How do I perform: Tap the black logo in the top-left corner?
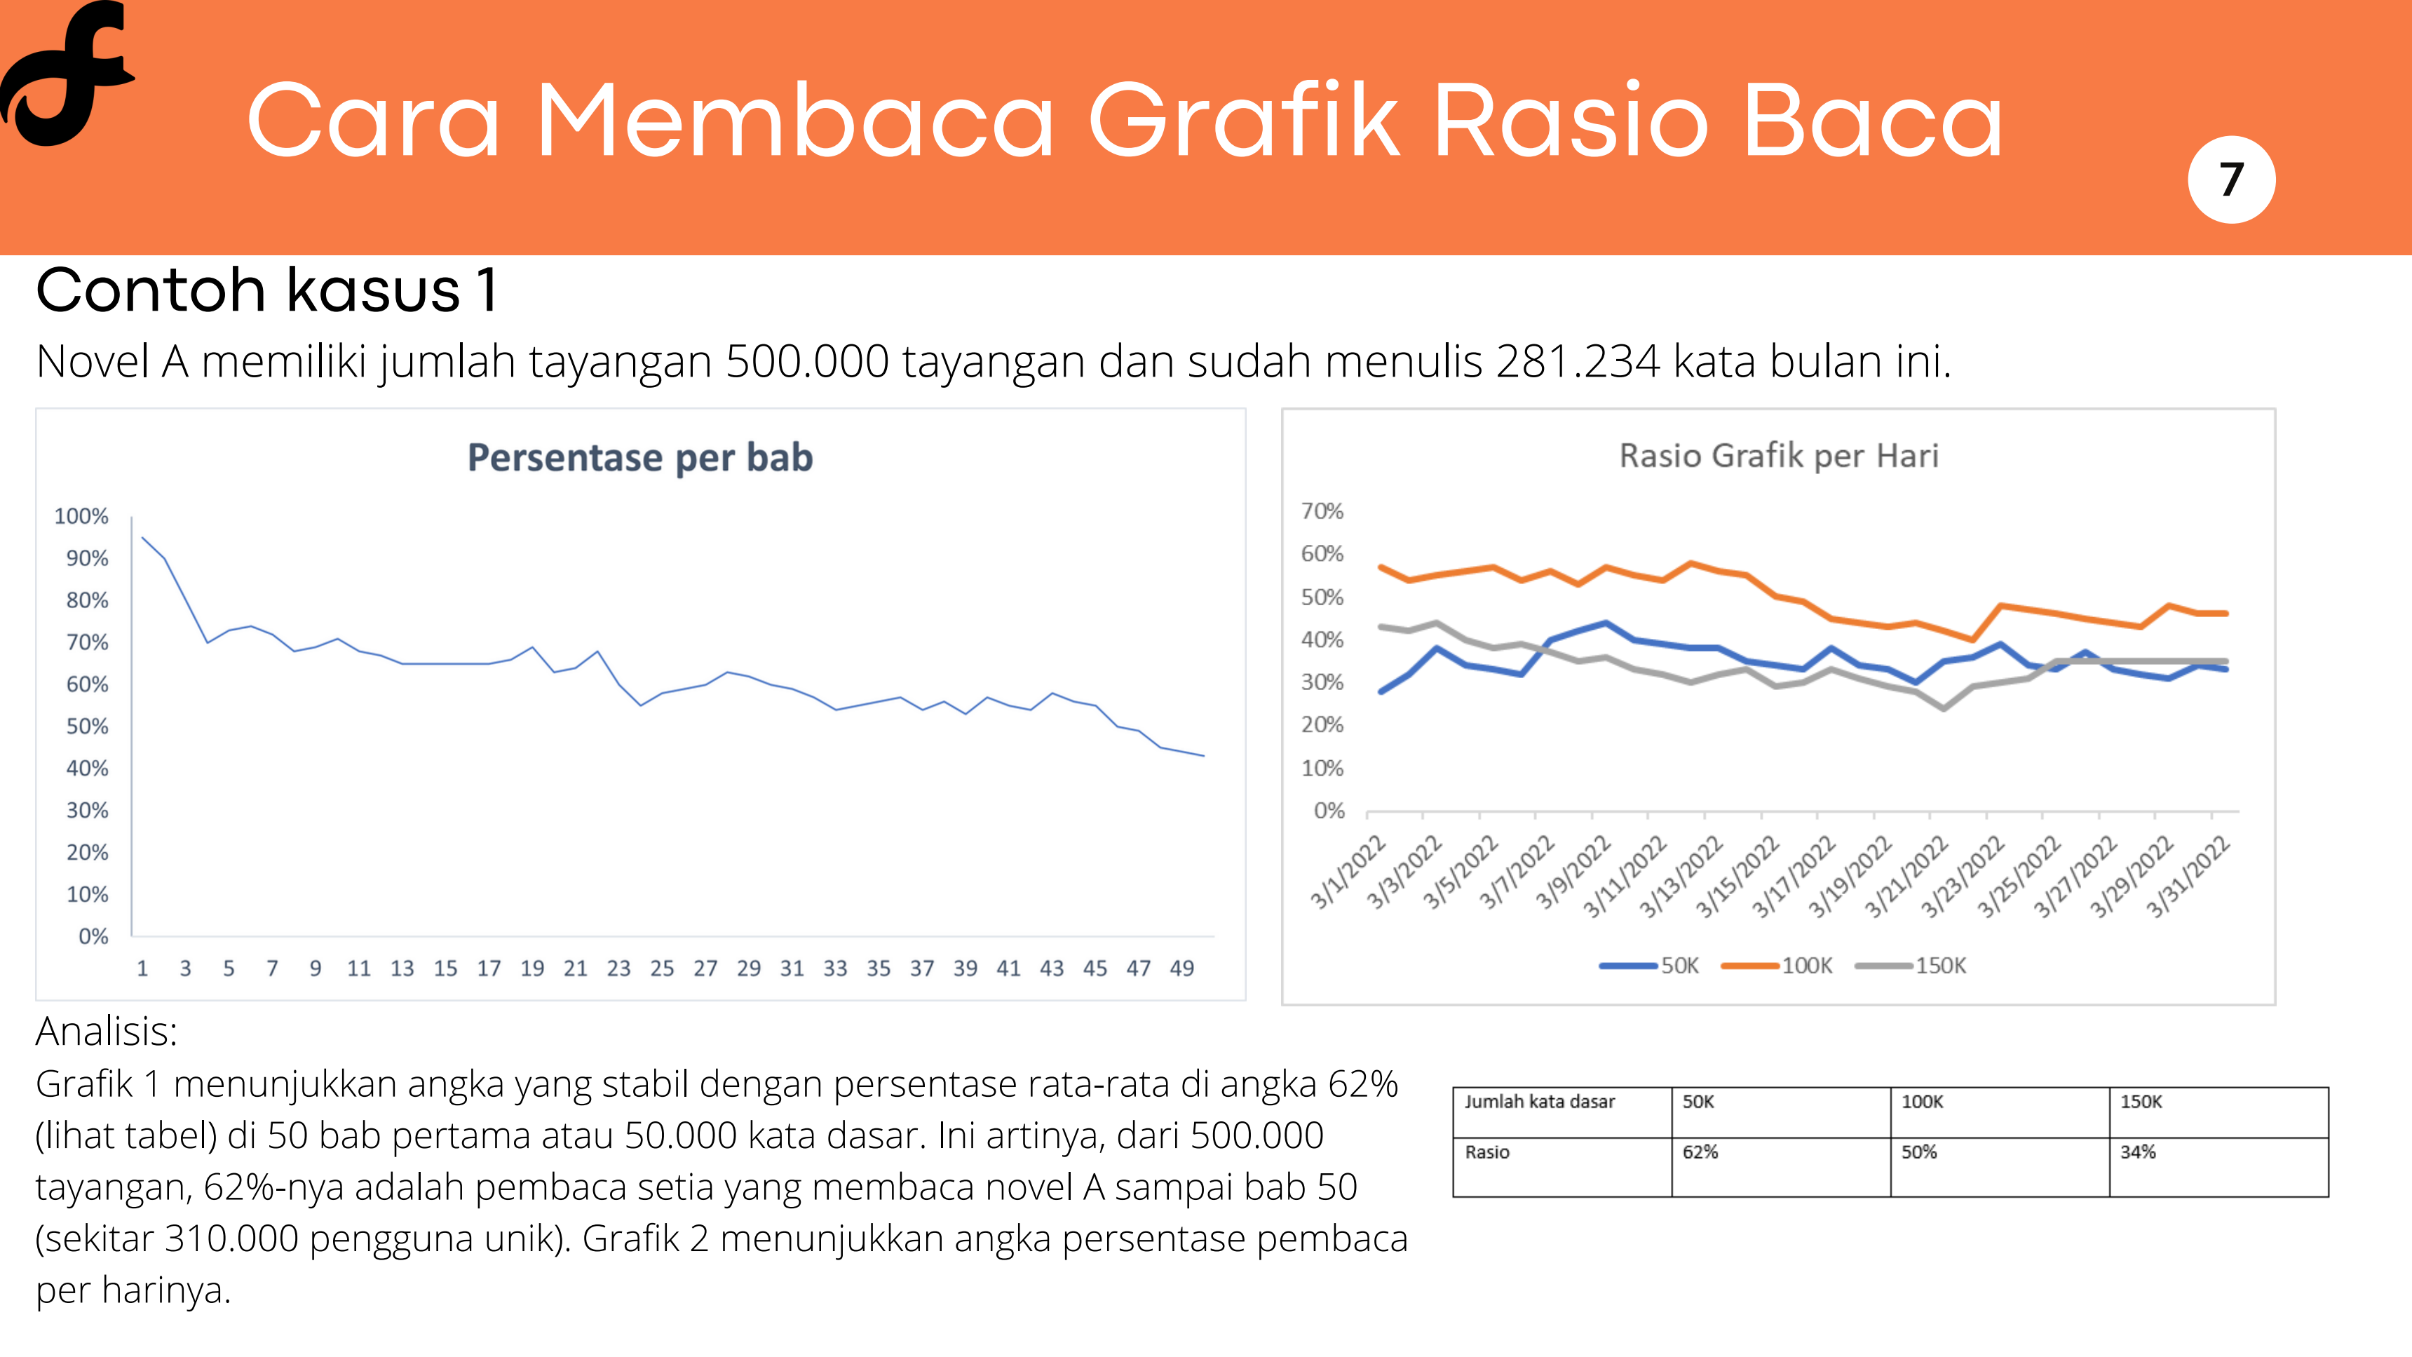click(x=67, y=73)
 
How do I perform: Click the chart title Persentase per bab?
click(x=640, y=458)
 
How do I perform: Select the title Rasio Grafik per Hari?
click(x=1778, y=456)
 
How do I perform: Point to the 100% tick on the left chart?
click(x=81, y=516)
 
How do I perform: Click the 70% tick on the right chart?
click(x=1322, y=511)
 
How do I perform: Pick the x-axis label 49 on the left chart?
click(x=1181, y=968)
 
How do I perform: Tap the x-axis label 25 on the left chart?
click(x=662, y=968)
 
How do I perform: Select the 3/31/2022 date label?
click(x=2188, y=876)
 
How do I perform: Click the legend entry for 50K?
click(x=1649, y=966)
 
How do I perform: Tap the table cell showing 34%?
click(x=2218, y=1167)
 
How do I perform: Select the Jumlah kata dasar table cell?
click(x=1561, y=1112)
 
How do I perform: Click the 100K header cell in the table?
click(x=2000, y=1112)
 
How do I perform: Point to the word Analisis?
click(x=107, y=1032)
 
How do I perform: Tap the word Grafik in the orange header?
click(x=1243, y=120)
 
